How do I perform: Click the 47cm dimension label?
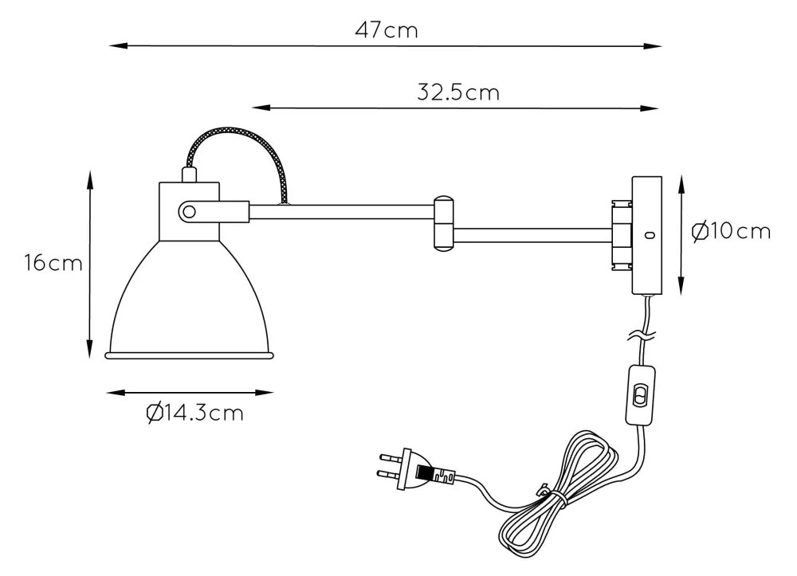tap(387, 30)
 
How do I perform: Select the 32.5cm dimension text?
tap(458, 92)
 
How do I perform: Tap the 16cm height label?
tap(53, 263)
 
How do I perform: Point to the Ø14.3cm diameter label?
tap(194, 413)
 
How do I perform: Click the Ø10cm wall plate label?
tap(731, 232)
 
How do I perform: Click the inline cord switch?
tap(640, 394)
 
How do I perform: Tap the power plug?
tap(415, 469)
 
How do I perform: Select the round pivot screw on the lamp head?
tap(189, 212)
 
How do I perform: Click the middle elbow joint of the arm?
tap(443, 224)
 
